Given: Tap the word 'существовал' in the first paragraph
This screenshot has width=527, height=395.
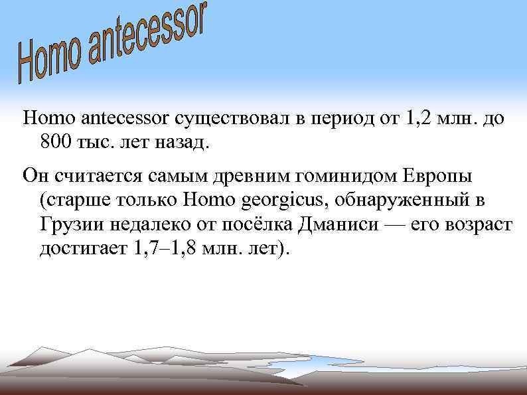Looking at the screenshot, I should click(x=232, y=119).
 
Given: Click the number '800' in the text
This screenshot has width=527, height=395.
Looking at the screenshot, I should click(x=54, y=141).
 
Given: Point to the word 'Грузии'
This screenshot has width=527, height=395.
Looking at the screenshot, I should click(x=69, y=224).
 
